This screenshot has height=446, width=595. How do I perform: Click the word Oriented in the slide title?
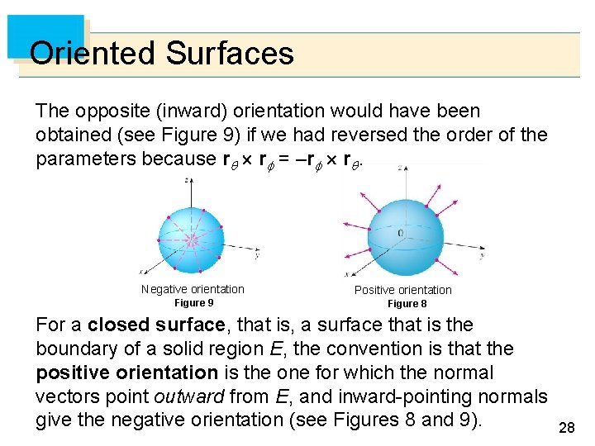93,54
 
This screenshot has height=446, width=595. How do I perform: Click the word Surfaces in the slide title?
230,54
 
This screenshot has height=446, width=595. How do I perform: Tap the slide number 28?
567,427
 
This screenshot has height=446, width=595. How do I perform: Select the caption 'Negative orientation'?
193,289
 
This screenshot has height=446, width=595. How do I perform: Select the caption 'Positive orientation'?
403,290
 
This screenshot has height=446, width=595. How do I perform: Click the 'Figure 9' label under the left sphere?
193,303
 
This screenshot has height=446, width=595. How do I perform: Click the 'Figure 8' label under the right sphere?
407,304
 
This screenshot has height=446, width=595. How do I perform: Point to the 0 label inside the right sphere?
400,234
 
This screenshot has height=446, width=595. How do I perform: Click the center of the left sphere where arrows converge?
193,240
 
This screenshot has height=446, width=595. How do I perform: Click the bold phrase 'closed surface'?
156,325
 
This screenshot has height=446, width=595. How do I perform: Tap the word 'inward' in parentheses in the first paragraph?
159,111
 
